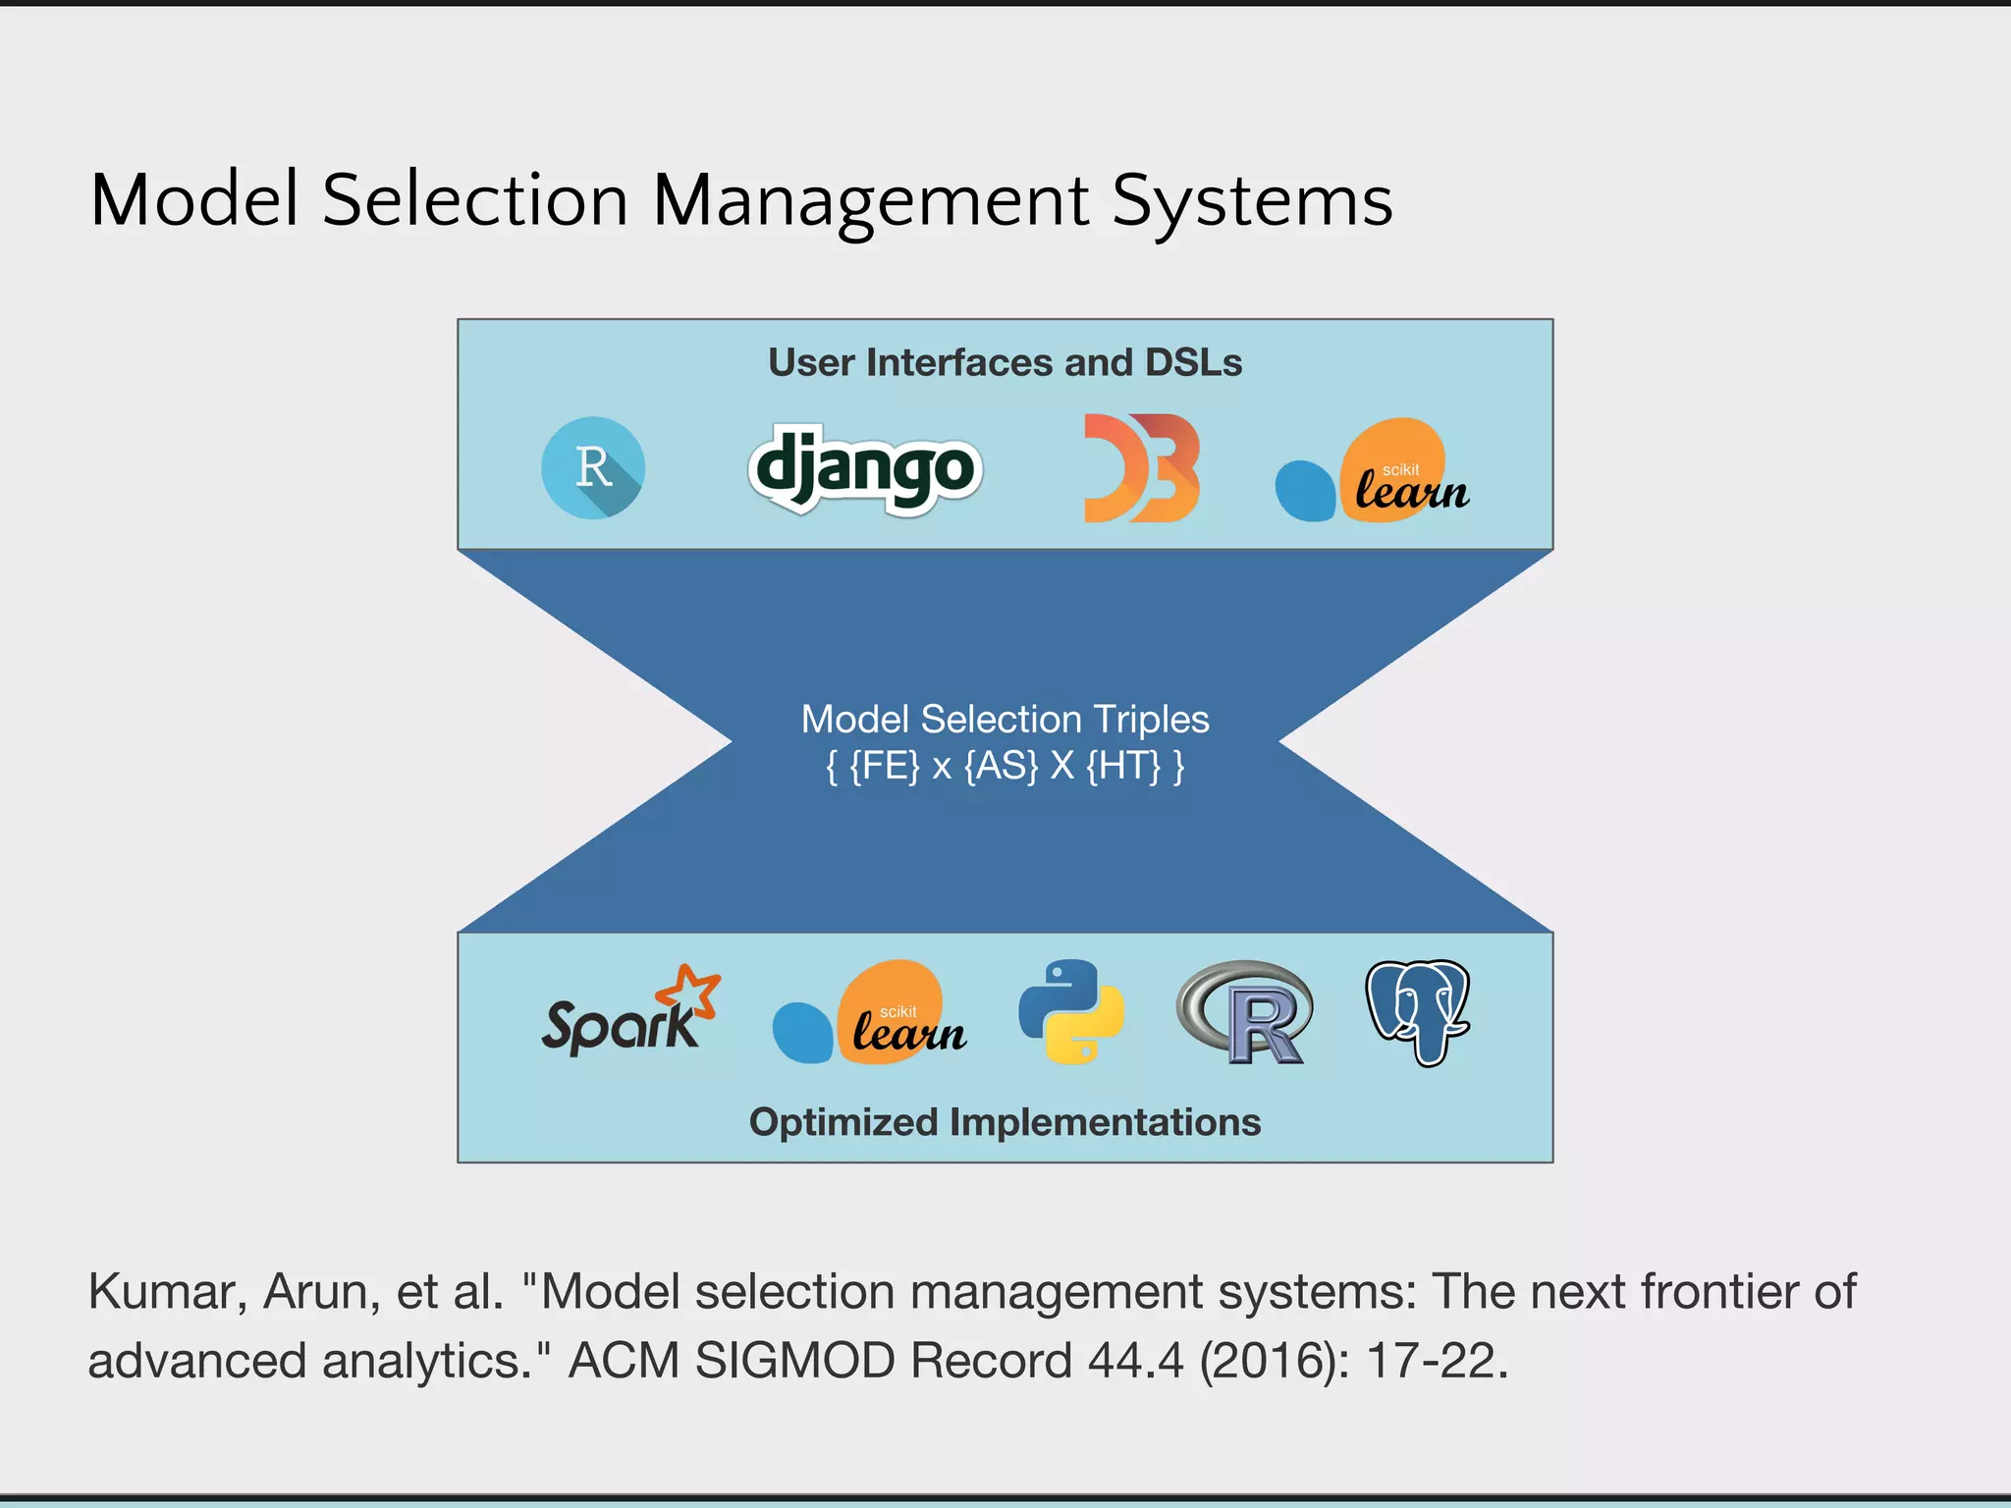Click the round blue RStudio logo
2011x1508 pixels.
(x=593, y=468)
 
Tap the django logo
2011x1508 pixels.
(x=864, y=469)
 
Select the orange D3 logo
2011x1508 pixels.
(x=1141, y=468)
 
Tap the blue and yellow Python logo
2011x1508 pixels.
(x=1071, y=1011)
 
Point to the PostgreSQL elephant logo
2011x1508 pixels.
(x=1418, y=1011)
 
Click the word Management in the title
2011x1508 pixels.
(x=870, y=201)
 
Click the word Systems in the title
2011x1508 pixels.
(x=1252, y=201)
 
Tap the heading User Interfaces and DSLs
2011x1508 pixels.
(x=1005, y=363)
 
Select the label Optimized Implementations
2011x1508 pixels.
(x=1005, y=1122)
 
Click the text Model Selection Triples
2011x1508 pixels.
(x=1005, y=720)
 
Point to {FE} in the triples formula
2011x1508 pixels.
(x=884, y=766)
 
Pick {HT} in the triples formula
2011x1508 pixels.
(x=1123, y=766)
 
